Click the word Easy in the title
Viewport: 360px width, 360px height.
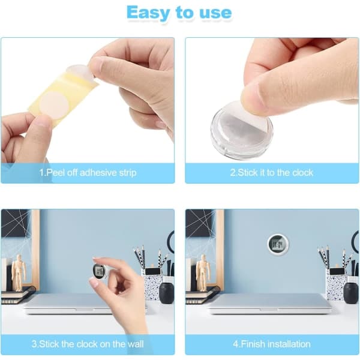148,13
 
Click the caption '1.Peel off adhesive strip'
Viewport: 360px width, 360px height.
88,173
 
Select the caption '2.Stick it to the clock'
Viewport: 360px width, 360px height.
272,173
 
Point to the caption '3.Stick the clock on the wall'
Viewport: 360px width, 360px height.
88,344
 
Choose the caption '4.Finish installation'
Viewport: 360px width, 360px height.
272,344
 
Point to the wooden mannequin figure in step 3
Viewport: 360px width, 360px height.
19,272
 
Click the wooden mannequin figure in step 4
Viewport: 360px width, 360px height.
203,272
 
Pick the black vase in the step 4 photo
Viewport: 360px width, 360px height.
351,293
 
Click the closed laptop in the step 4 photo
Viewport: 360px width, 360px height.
269,304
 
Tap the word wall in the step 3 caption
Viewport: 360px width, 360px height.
136,344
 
